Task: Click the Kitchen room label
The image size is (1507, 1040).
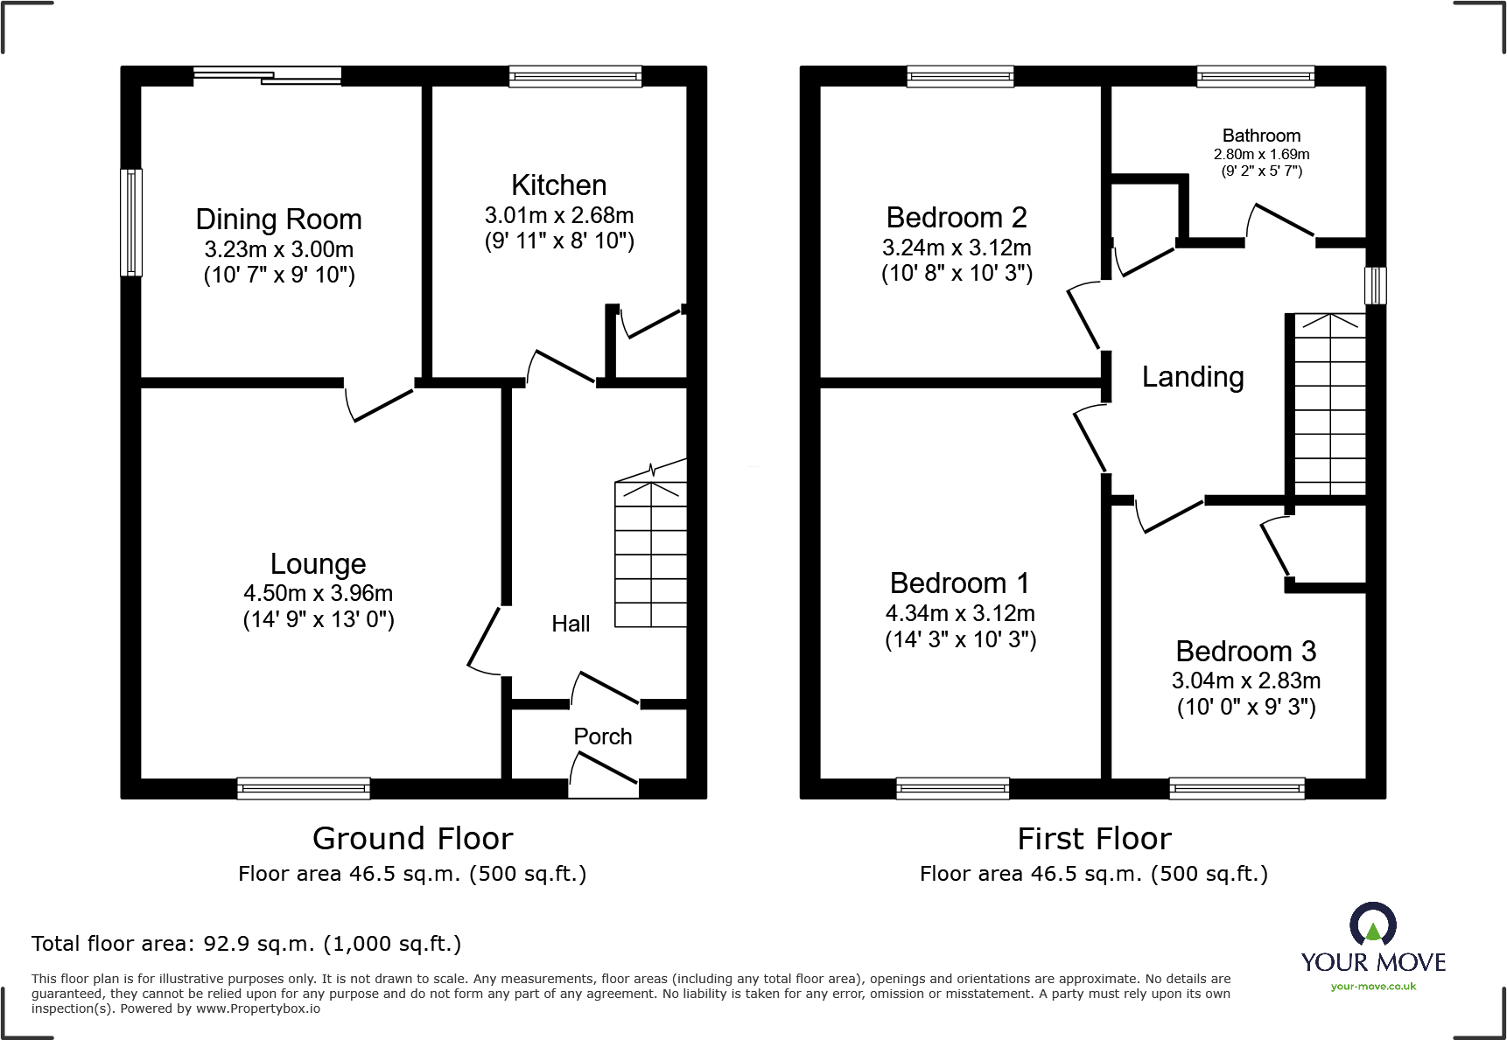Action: click(x=558, y=185)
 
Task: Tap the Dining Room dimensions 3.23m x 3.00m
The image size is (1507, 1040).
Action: click(x=278, y=249)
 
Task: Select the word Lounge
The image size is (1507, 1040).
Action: click(x=318, y=564)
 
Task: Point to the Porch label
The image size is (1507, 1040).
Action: click(x=602, y=736)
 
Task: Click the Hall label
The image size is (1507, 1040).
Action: click(x=571, y=624)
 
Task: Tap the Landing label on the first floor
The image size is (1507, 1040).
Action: click(x=1192, y=377)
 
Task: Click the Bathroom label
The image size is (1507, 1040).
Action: click(x=1261, y=136)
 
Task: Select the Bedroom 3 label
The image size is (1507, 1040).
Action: click(x=1245, y=652)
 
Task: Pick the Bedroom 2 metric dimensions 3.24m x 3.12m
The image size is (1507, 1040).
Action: click(x=957, y=248)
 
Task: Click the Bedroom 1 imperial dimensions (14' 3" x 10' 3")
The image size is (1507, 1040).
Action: click(x=960, y=639)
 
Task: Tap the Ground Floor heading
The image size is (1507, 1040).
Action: click(x=412, y=839)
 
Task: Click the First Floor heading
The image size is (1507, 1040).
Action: click(x=1094, y=839)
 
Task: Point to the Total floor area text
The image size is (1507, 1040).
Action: click(x=246, y=944)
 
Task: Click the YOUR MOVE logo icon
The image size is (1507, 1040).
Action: click(x=1372, y=924)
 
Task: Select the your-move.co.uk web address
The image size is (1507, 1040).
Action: click(x=1373, y=987)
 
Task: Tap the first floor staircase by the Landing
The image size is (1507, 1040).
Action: click(x=1329, y=405)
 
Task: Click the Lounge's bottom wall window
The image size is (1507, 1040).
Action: click(x=303, y=788)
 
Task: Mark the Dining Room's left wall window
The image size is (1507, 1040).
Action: click(x=131, y=222)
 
